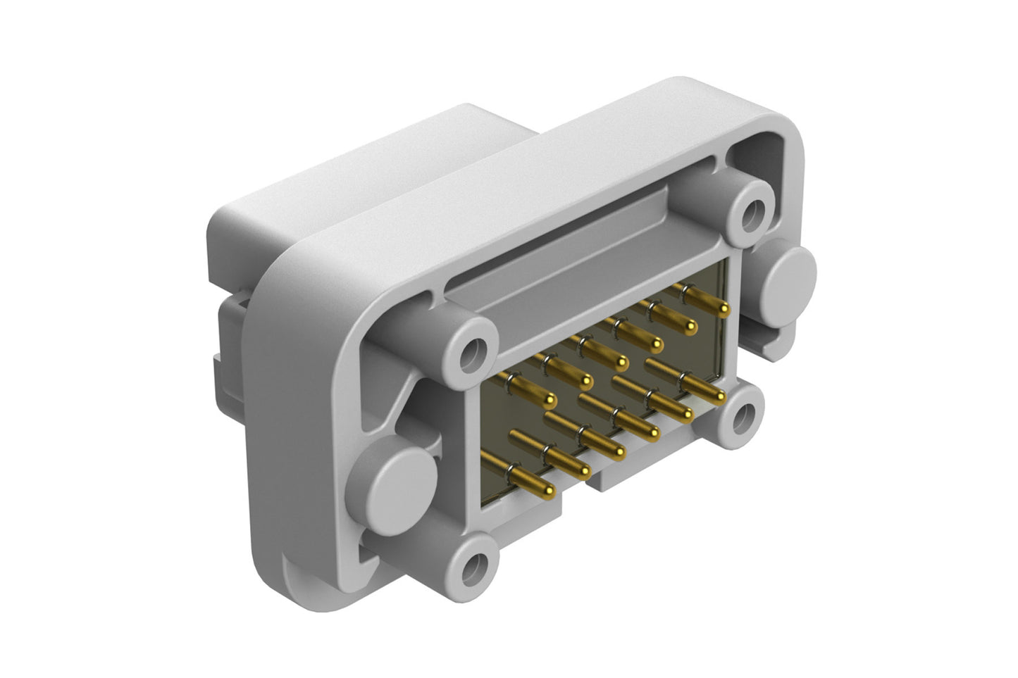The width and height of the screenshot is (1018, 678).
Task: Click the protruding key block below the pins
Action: (620, 473)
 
